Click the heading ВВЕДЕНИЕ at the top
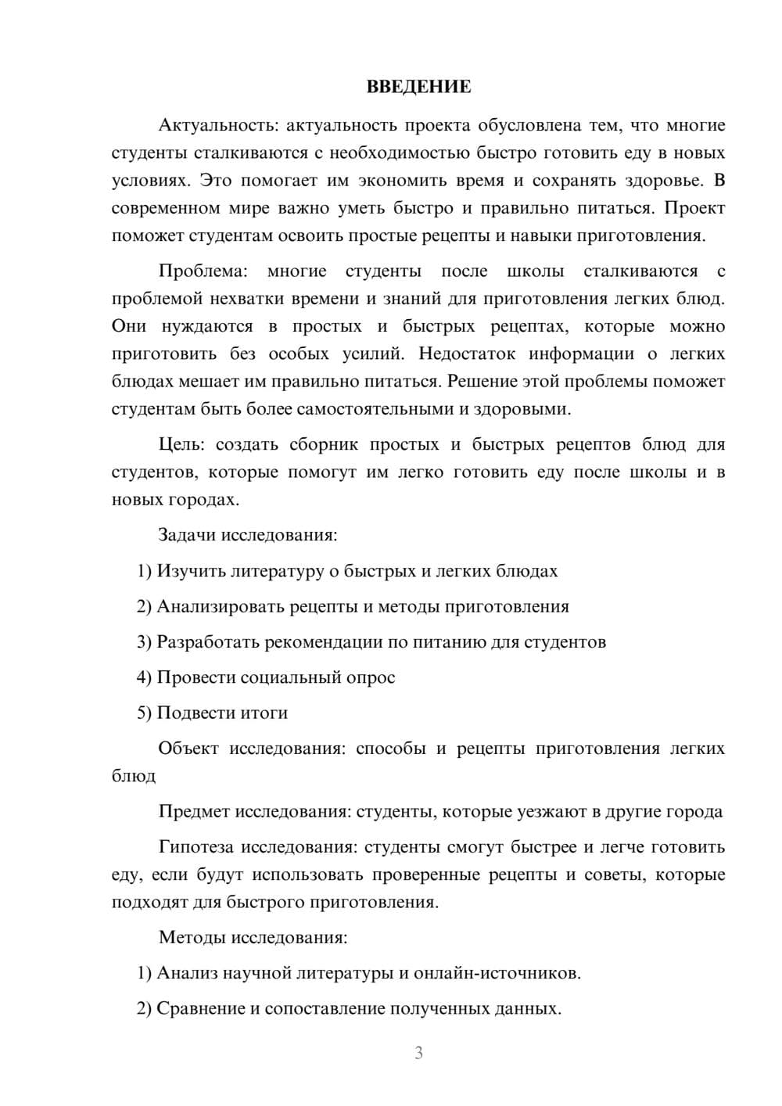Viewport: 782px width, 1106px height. click(x=418, y=87)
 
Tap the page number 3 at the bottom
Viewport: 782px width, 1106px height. click(x=418, y=1053)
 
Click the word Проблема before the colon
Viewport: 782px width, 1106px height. click(x=201, y=271)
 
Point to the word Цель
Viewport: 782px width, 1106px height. click(x=180, y=444)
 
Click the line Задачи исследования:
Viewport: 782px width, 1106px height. click(x=248, y=535)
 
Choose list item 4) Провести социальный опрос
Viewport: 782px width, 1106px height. click(x=266, y=677)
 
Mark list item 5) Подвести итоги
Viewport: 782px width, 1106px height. click(x=212, y=713)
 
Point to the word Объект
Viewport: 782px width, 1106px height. click(x=188, y=749)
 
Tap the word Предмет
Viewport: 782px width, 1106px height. click(x=194, y=811)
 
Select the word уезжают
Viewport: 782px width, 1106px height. click(x=553, y=811)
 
